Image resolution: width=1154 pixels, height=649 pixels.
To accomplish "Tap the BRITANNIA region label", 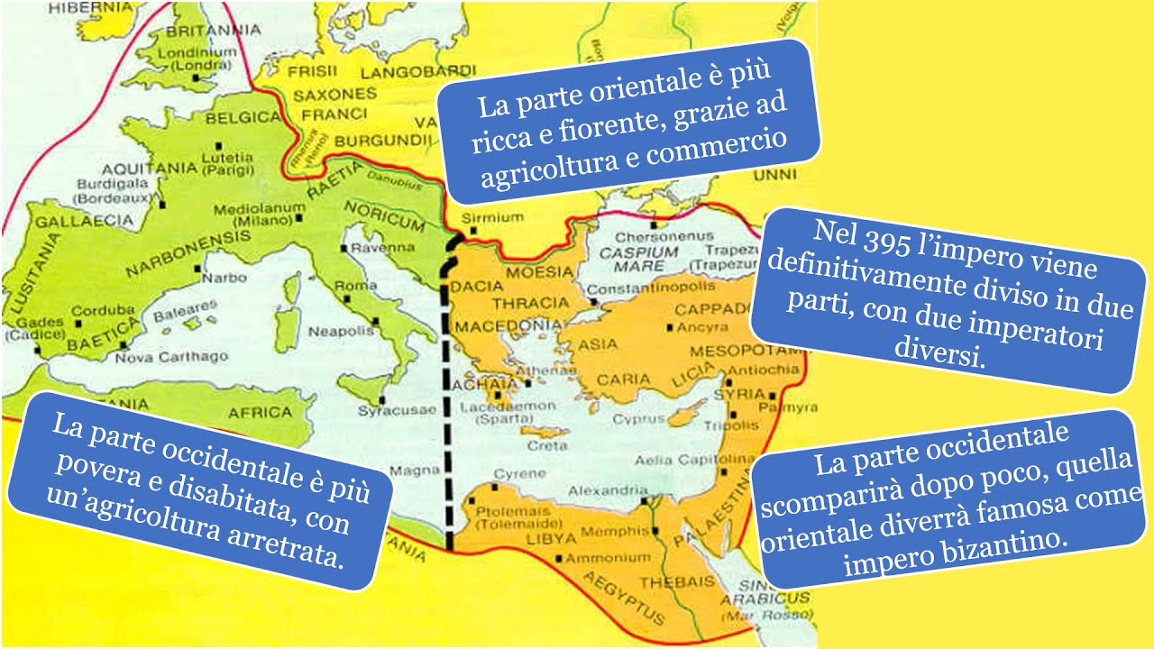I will [x=211, y=29].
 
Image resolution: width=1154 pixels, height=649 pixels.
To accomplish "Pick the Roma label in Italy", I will [x=355, y=286].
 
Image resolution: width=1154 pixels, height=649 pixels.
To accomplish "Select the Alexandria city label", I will [x=602, y=491].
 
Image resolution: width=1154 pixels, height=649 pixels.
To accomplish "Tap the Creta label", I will [x=546, y=446].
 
